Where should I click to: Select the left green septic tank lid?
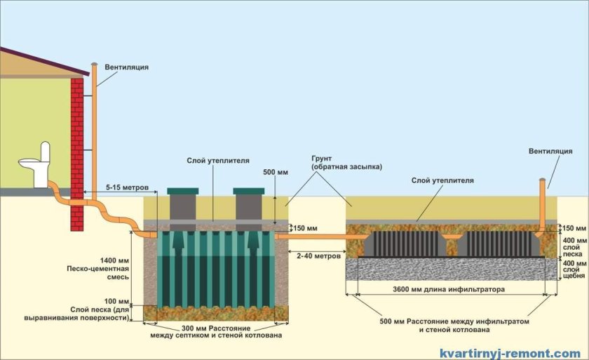[183, 191]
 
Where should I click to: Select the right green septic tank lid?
[248, 191]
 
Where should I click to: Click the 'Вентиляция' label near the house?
[127, 67]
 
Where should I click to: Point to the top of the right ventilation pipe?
[541, 181]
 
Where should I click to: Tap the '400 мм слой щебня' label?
[574, 268]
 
